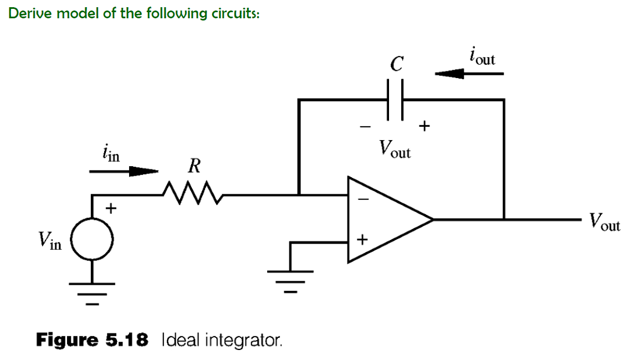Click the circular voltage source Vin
pos(92,241)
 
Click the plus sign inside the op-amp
pos(362,240)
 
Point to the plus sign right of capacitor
pos(424,126)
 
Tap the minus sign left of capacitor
pos(364,127)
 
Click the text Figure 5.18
pos(92,339)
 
